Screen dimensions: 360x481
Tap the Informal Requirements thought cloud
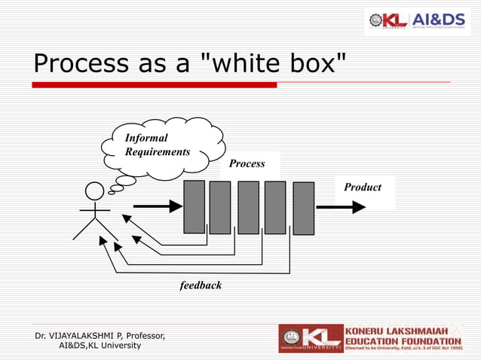(162, 146)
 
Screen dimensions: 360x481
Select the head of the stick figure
(94, 192)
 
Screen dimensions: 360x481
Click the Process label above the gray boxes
(247, 163)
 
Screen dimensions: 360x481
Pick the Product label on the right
(363, 187)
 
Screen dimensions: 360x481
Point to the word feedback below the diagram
(201, 285)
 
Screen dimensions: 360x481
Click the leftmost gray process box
(195, 207)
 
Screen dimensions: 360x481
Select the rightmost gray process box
(303, 209)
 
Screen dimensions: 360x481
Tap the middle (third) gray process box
(248, 208)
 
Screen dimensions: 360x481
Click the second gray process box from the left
(220, 208)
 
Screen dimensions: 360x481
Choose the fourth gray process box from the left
(275, 208)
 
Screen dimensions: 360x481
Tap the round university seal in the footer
(290, 338)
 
